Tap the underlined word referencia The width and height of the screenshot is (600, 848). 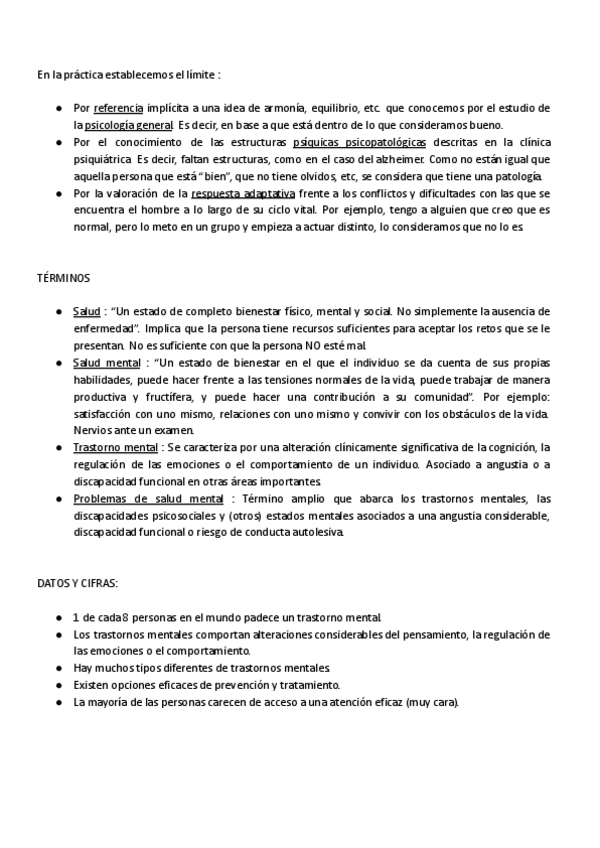pos(118,107)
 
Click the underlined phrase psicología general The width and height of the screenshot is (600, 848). pos(129,125)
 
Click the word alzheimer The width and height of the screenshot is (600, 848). pos(401,159)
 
